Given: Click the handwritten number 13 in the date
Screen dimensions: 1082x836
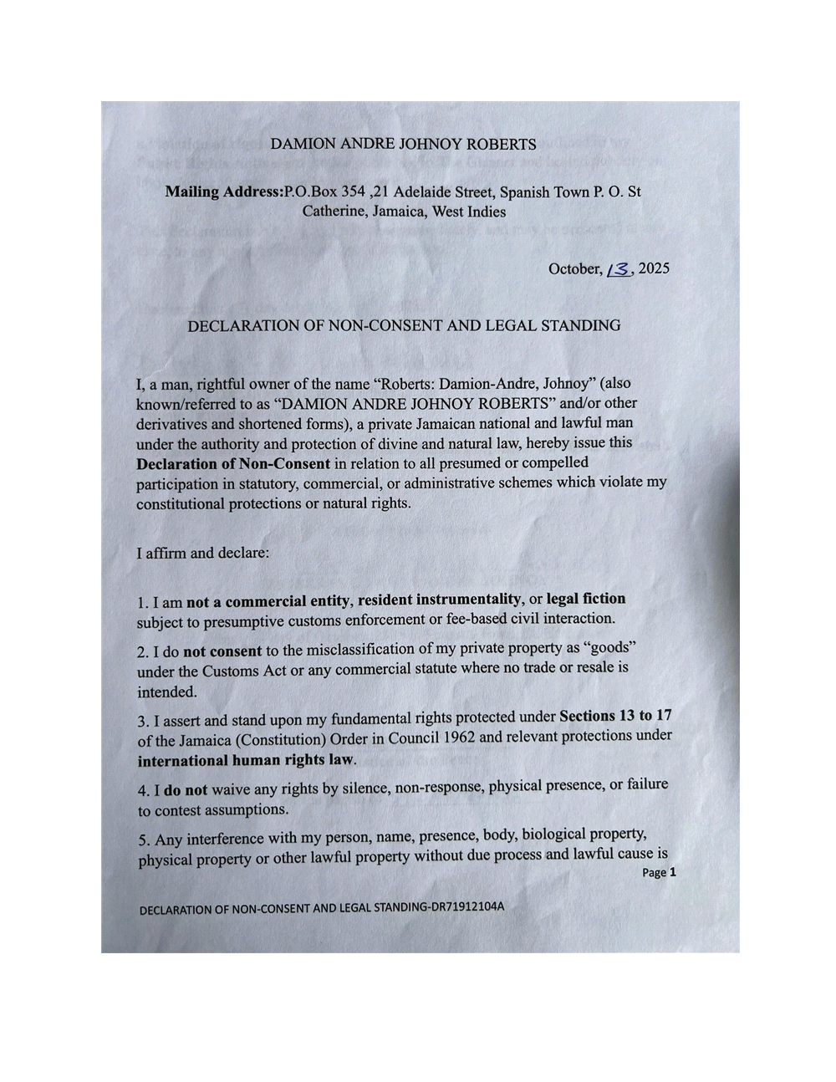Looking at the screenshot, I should [619, 269].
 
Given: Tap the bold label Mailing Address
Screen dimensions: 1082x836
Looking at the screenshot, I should [223, 191].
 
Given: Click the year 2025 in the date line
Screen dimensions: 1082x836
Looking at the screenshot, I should [654, 268].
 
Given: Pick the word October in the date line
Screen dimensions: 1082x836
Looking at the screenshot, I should [574, 268].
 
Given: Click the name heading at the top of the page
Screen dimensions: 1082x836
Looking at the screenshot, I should [403, 144].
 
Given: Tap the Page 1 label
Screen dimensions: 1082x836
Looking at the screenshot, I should [659, 872].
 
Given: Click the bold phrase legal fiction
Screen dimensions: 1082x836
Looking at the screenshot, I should [585, 599].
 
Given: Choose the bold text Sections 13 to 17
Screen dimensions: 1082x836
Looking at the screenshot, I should [615, 716].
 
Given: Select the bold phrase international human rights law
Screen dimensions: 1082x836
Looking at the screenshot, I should [246, 761].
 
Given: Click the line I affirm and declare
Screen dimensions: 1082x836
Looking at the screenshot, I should [203, 553].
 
